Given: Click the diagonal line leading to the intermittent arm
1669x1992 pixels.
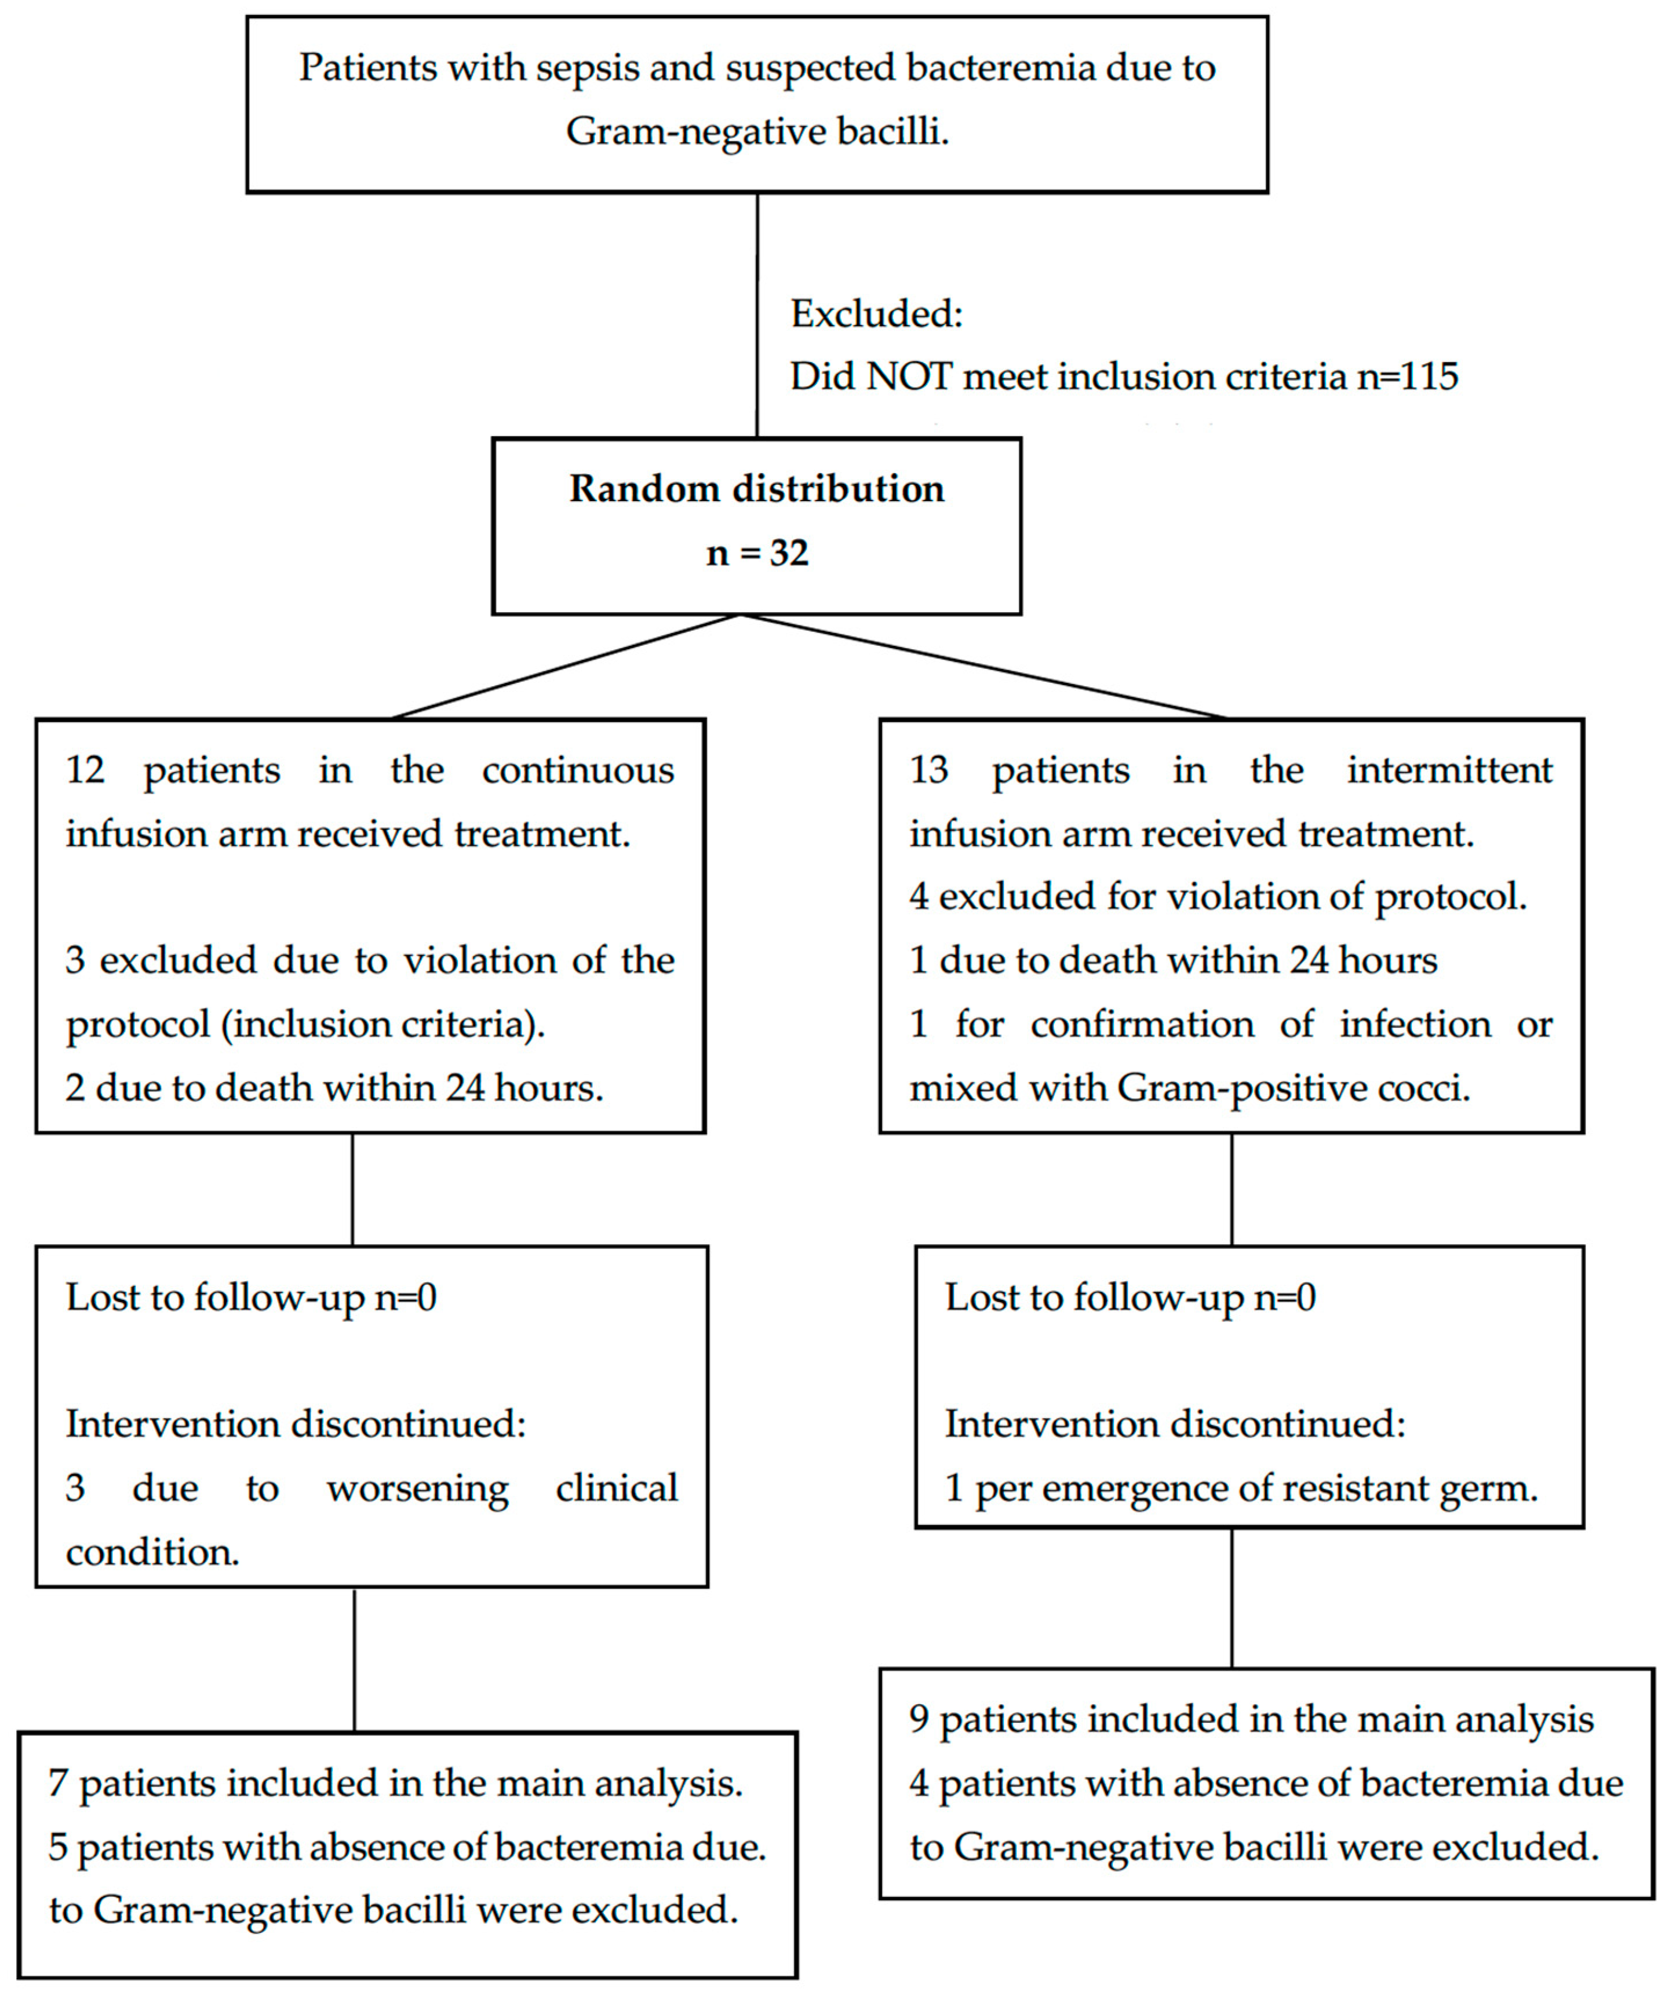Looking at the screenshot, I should click(x=982, y=667).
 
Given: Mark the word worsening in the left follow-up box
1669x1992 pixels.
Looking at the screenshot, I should click(x=417, y=1488).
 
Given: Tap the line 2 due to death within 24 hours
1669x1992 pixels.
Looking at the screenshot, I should click(x=334, y=1088).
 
